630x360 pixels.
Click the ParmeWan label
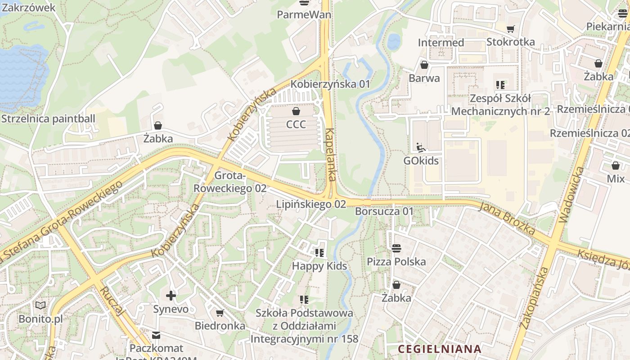(304, 14)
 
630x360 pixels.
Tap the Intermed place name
(441, 42)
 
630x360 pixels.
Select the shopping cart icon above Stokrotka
(510, 29)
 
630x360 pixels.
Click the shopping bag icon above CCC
(296, 111)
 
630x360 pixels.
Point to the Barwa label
(424, 78)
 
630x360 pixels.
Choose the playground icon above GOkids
(421, 147)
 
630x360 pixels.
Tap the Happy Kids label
(319, 266)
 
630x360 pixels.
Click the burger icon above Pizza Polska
(396, 248)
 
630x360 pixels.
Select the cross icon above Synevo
(171, 296)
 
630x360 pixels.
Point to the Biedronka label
(220, 325)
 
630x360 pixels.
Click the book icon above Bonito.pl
(40, 305)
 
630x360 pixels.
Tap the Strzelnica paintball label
(48, 119)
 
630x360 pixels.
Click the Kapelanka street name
(331, 154)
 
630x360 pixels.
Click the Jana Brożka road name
(507, 219)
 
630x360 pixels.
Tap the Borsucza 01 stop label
(384, 211)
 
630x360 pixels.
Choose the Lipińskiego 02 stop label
(311, 204)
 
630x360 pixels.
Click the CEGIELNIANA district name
(440, 349)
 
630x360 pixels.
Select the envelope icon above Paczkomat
(156, 335)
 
